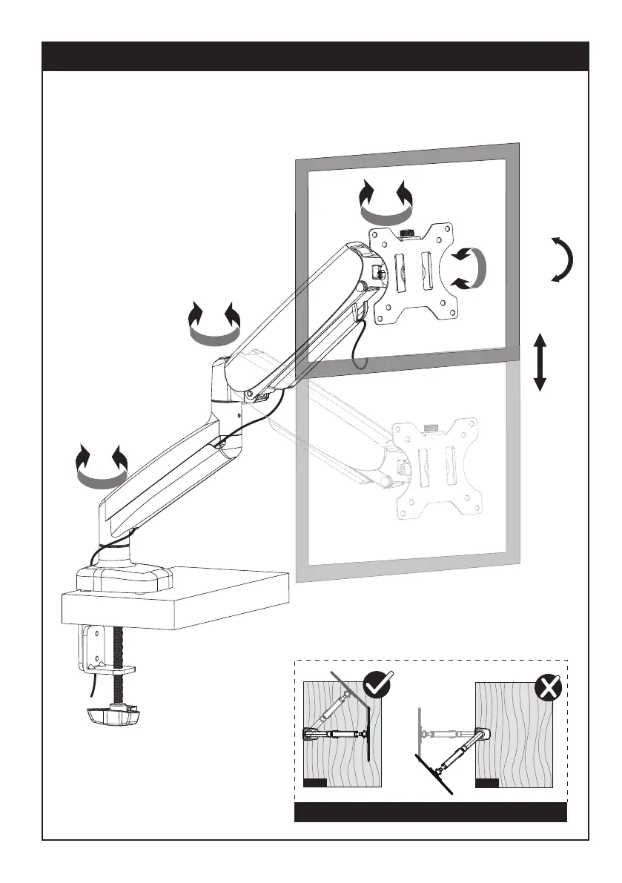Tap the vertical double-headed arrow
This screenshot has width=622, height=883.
[x=540, y=363]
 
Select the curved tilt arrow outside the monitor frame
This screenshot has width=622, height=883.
[x=562, y=259]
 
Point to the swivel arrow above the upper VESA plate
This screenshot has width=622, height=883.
[x=385, y=203]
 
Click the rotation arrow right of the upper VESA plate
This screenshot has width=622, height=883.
[x=469, y=268]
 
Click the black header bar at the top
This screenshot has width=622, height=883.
[x=315, y=56]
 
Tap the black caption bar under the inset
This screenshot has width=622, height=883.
[x=431, y=812]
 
